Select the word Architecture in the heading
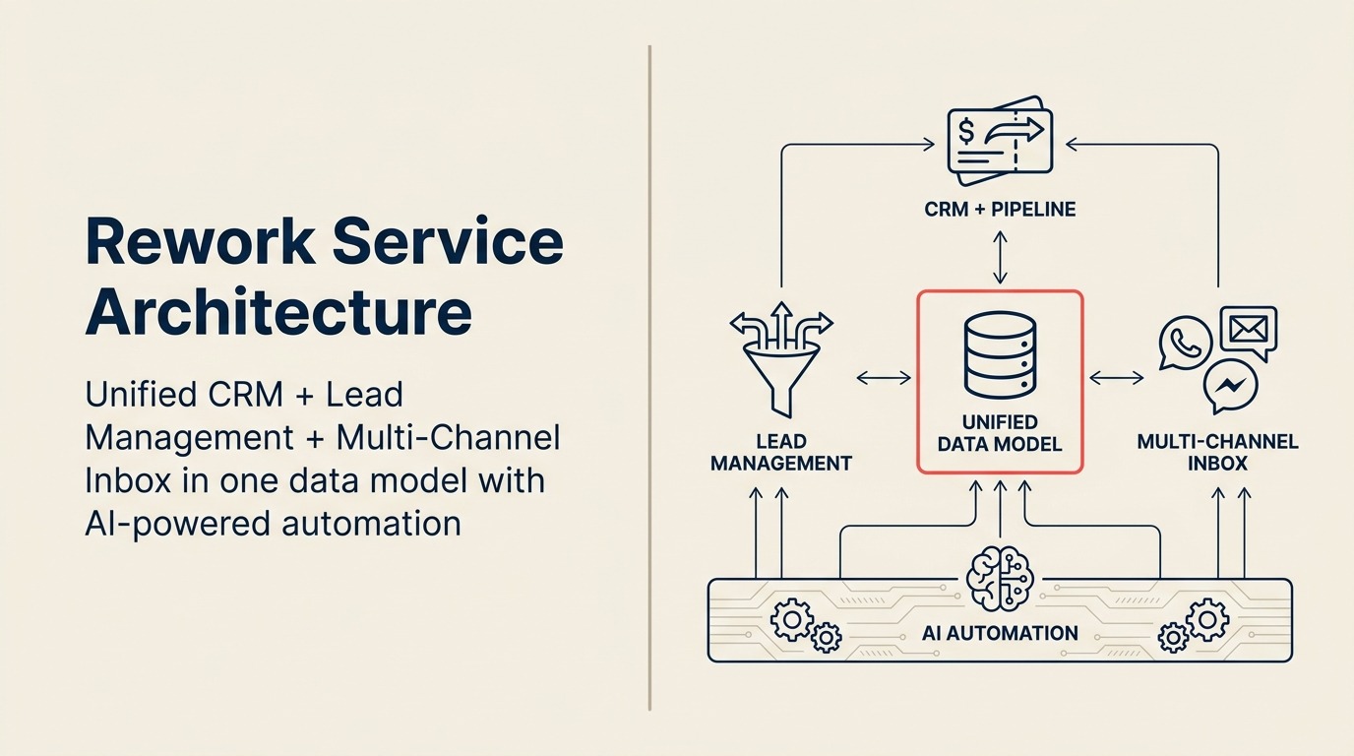pyautogui.click(x=278, y=311)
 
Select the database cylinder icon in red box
pyautogui.click(x=1000, y=353)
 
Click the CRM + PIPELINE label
pyautogui.click(x=1000, y=209)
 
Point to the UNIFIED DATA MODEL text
pyautogui.click(x=1000, y=433)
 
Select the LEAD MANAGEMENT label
pyautogui.click(x=781, y=452)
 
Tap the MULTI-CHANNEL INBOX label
pyautogui.click(x=1217, y=452)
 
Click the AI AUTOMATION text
pyautogui.click(x=1000, y=633)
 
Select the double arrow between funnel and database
pyautogui.click(x=884, y=377)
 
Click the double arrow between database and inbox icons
pyautogui.click(x=1116, y=377)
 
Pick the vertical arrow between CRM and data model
pyautogui.click(x=1000, y=258)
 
